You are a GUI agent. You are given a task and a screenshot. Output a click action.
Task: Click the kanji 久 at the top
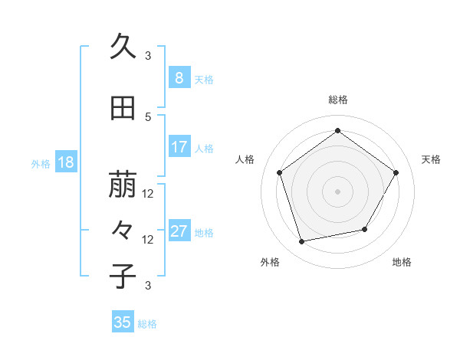click(x=123, y=47)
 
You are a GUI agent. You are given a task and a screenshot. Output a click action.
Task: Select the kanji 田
click(x=123, y=109)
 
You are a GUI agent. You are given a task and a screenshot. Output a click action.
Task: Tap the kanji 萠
click(x=123, y=185)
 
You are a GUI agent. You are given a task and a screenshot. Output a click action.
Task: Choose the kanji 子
click(x=123, y=276)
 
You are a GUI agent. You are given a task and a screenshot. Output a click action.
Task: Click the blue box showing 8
click(x=179, y=77)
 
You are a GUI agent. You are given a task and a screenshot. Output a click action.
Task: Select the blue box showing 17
click(x=179, y=147)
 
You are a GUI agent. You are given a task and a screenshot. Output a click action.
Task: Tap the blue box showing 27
click(x=179, y=231)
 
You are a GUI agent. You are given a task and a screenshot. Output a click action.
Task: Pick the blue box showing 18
click(x=65, y=162)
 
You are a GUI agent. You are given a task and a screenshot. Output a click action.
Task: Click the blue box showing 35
click(x=123, y=322)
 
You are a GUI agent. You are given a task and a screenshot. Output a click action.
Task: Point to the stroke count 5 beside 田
click(x=148, y=116)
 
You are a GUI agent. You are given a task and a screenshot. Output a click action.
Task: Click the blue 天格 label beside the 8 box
click(x=204, y=79)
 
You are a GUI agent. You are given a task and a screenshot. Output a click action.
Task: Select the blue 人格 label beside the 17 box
click(x=204, y=149)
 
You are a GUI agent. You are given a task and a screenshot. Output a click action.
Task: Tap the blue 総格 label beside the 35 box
click(x=147, y=324)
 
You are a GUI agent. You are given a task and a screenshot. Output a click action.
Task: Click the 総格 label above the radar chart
click(x=337, y=100)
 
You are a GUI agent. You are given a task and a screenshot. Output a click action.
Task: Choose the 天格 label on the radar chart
click(x=431, y=159)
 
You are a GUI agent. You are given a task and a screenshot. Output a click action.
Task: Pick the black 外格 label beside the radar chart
click(x=270, y=262)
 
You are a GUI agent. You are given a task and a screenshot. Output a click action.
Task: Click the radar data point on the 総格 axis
click(x=337, y=131)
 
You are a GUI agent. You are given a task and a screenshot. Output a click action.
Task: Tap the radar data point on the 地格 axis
click(x=365, y=229)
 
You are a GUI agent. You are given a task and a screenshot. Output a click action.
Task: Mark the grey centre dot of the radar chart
click(x=337, y=191)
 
